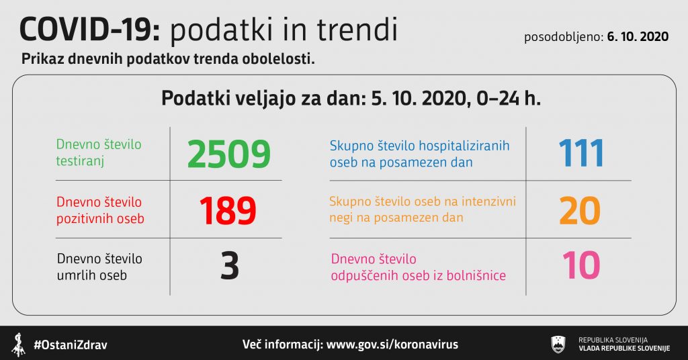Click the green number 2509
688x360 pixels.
click(228, 154)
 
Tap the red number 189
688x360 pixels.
click(228, 211)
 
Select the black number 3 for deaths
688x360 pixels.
click(230, 266)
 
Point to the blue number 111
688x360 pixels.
click(581, 153)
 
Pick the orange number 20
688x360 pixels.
click(580, 211)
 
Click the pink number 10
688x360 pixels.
click(581, 265)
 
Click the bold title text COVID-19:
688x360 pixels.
click(90, 30)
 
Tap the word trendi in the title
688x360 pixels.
click(357, 30)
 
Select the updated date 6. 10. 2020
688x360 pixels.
click(638, 36)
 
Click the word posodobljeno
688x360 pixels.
click(564, 37)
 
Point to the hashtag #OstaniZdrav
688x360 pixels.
click(71, 345)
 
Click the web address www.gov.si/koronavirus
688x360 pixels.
click(392, 344)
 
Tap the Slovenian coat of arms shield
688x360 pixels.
click(558, 344)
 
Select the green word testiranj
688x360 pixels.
click(80, 161)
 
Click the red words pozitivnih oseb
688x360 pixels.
click(100, 219)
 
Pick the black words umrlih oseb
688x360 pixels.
click(91, 275)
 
